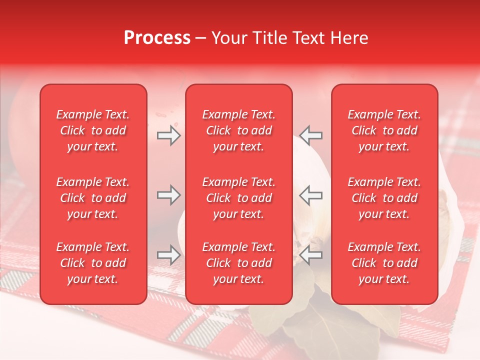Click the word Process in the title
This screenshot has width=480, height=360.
(157, 38)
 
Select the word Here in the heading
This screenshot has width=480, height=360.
(348, 38)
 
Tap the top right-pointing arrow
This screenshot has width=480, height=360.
(168, 135)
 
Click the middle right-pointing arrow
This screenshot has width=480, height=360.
(168, 195)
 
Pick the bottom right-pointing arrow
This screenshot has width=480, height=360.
(168, 255)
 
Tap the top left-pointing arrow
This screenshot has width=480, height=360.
(311, 135)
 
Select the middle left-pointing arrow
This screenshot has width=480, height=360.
(311, 195)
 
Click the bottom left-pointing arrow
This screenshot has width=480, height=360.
(311, 255)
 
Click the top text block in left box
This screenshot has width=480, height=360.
(93, 130)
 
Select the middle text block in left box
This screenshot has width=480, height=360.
(93, 198)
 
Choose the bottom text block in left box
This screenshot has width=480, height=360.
(93, 263)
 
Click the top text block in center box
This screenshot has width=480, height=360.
(239, 130)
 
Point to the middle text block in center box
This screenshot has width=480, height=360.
(239, 198)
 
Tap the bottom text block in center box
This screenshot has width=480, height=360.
(239, 263)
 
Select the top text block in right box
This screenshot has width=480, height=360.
(384, 130)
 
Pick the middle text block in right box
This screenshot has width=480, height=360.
(384, 198)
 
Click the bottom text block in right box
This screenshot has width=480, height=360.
(384, 263)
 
